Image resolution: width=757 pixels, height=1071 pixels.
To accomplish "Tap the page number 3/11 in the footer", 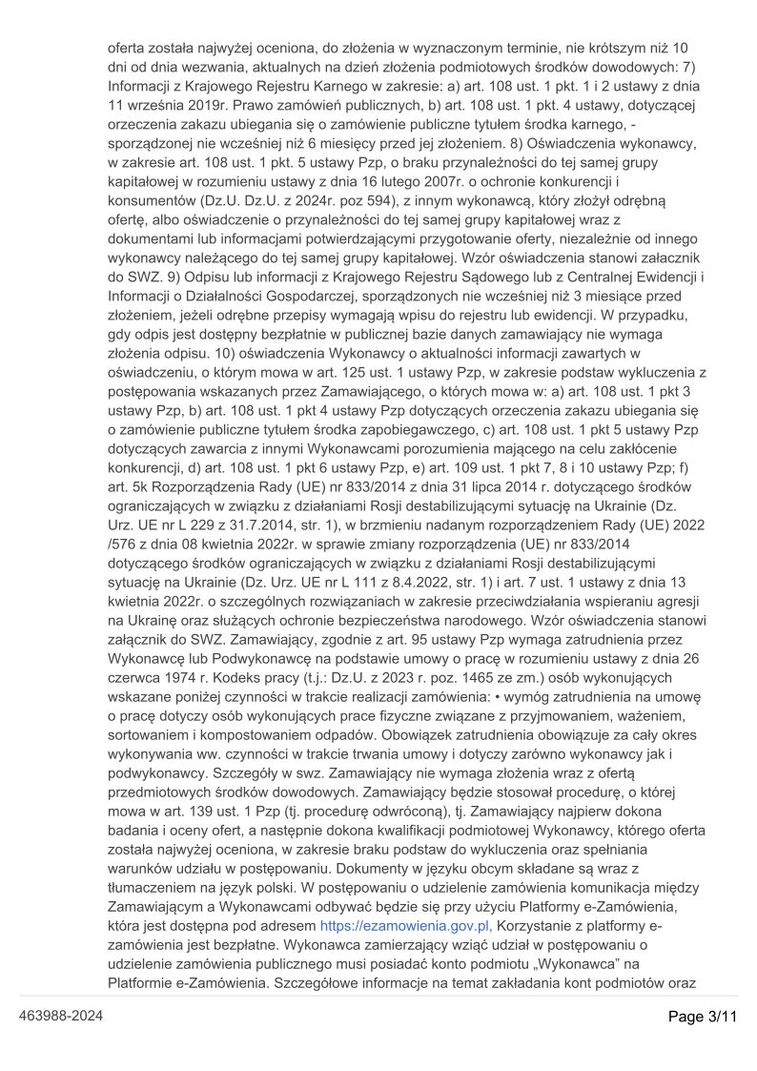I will click(704, 1017).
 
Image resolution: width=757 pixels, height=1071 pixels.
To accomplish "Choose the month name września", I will click(153, 104).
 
